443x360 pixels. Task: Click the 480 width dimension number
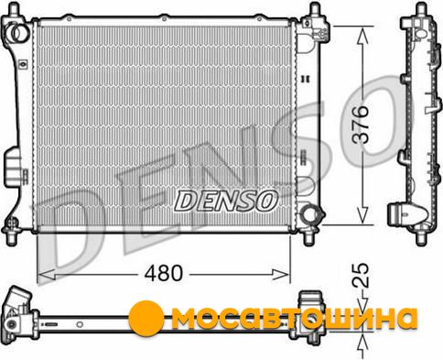tap(164, 273)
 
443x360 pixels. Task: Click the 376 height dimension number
tap(361, 125)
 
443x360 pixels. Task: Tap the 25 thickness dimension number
tap(361, 275)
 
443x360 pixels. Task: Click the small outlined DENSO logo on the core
tap(226, 201)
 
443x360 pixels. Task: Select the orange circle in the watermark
tap(146, 318)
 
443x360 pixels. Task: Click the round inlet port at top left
tap(18, 32)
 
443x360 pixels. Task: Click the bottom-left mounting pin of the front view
tap(12, 236)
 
